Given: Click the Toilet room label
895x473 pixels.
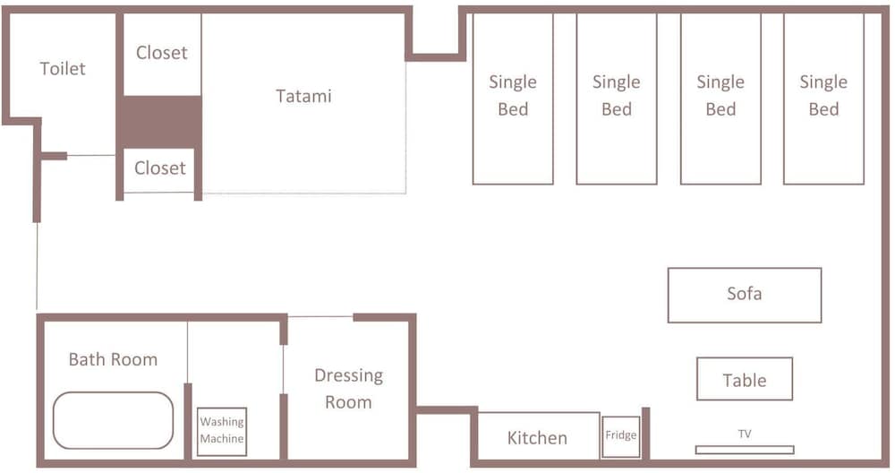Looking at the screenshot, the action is click(63, 69).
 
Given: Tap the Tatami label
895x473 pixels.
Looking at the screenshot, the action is click(303, 96).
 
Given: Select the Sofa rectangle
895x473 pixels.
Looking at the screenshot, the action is click(745, 295).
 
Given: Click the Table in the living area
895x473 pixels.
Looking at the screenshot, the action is click(745, 379).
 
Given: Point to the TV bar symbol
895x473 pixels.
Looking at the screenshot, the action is click(745, 450).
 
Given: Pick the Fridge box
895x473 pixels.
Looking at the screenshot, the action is click(620, 436).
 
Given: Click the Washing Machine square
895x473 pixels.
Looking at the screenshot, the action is click(221, 431).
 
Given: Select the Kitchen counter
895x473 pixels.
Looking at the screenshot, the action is click(537, 436).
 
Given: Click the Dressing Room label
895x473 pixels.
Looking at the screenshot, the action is click(348, 389).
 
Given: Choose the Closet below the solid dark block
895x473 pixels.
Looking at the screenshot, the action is click(160, 169).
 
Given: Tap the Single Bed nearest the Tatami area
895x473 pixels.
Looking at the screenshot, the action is click(513, 99).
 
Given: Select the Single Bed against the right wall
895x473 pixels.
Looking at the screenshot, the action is click(823, 99).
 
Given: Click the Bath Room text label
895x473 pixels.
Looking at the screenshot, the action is click(113, 359).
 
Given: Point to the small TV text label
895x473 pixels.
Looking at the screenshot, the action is click(745, 434).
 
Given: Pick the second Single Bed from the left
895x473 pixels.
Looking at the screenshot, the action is click(617, 99).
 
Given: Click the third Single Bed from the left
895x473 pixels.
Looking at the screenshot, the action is click(720, 99).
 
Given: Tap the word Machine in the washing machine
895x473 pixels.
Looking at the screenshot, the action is click(221, 439).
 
